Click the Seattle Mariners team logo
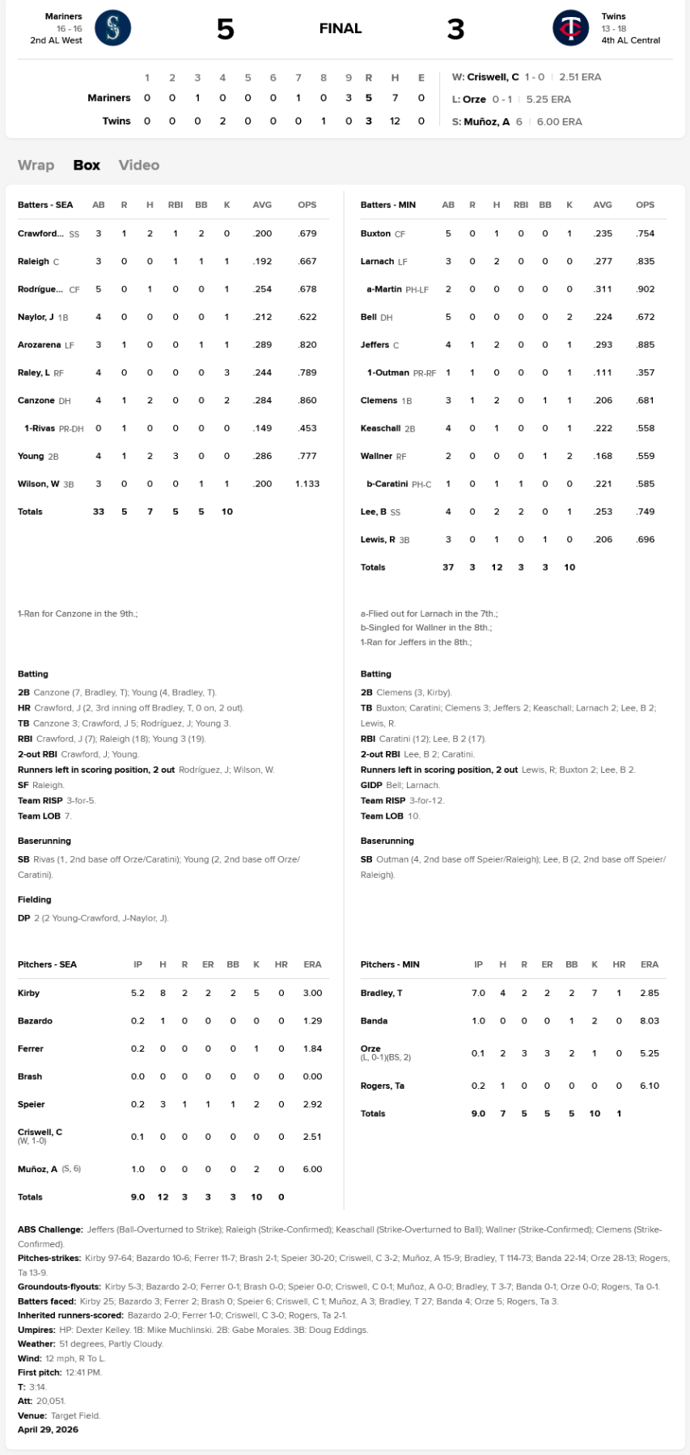click(x=112, y=28)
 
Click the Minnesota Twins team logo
click(x=570, y=28)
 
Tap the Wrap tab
click(x=36, y=165)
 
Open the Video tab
click(x=139, y=165)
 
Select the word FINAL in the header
click(x=341, y=28)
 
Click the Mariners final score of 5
click(x=225, y=29)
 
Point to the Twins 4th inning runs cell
click(x=222, y=120)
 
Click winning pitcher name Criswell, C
click(x=493, y=77)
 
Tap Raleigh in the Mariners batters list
click(x=33, y=261)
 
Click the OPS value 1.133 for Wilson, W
click(x=307, y=483)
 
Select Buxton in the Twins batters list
click(x=375, y=234)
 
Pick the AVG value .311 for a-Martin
click(x=603, y=289)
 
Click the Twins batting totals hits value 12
click(x=497, y=567)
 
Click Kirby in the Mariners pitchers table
click(x=28, y=993)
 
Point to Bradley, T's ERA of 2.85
click(x=650, y=993)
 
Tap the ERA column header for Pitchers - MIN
click(x=650, y=964)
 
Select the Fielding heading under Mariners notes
click(x=34, y=899)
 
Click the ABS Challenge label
click(x=50, y=1229)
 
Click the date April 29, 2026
click(x=48, y=1429)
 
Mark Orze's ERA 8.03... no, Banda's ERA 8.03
click(x=650, y=1021)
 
